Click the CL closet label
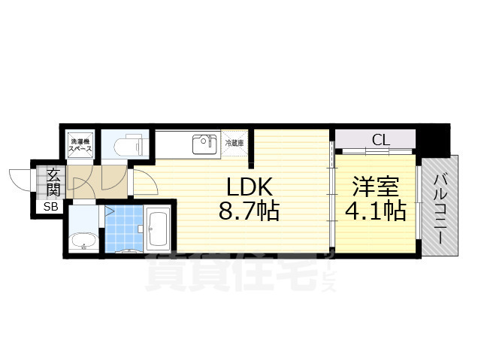point(380,139)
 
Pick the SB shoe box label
point(50,207)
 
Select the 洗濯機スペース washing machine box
point(81,145)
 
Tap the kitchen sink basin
point(203,143)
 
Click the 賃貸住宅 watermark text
point(225,272)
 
